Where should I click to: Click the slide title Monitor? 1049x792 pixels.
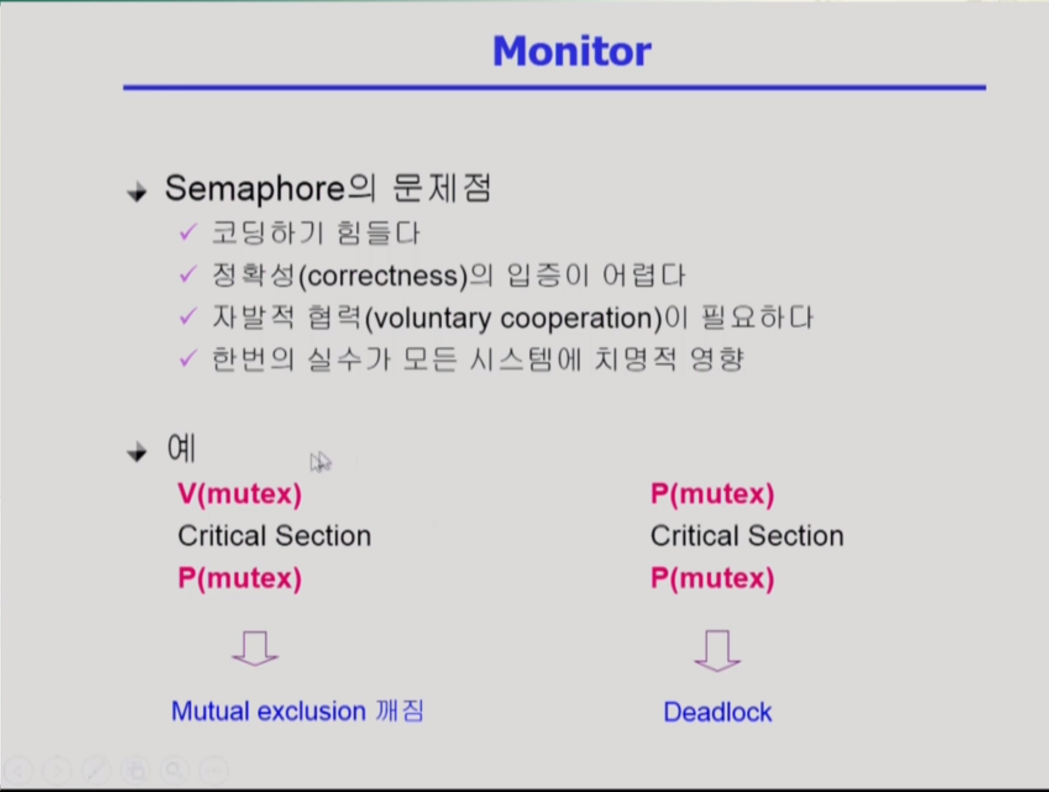point(571,51)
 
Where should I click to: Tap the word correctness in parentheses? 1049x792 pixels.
point(383,276)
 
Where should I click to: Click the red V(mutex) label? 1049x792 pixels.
point(240,494)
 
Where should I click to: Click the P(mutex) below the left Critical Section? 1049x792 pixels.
point(240,579)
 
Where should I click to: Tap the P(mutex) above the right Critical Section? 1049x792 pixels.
point(712,494)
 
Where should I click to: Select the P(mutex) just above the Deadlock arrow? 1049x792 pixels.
point(712,579)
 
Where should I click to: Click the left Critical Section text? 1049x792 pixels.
point(274,536)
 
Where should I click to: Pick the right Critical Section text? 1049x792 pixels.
point(747,536)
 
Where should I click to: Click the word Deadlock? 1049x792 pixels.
point(717,712)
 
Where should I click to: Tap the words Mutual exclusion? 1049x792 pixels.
point(269,711)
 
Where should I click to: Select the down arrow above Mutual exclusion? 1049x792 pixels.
point(255,649)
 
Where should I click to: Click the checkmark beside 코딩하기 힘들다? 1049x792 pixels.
point(187,233)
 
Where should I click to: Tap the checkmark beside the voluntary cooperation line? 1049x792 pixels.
point(187,317)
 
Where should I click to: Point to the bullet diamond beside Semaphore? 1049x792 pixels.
point(137,192)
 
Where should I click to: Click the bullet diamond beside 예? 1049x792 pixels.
point(137,452)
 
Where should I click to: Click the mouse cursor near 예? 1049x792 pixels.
point(320,462)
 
